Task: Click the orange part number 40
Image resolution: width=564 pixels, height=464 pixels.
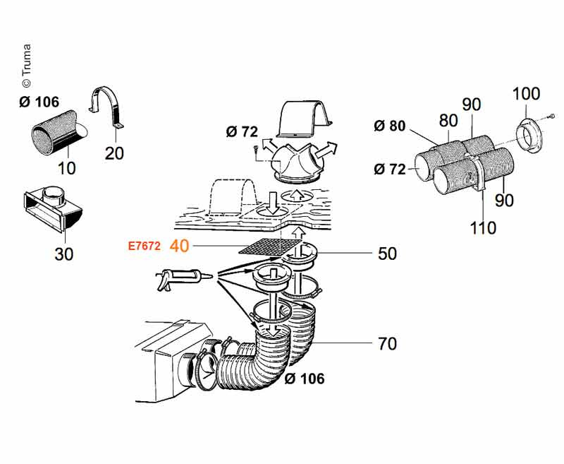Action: click(x=179, y=246)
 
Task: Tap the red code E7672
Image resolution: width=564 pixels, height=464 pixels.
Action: click(x=145, y=246)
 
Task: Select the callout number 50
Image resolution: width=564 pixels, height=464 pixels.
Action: click(x=387, y=254)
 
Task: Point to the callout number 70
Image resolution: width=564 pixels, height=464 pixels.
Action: click(x=387, y=344)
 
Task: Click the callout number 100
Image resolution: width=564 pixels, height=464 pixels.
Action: click(x=526, y=94)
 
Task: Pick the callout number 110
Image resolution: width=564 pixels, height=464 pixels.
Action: click(x=483, y=227)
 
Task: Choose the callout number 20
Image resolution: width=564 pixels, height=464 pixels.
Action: click(x=114, y=153)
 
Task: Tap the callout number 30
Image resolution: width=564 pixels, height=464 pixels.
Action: click(x=64, y=254)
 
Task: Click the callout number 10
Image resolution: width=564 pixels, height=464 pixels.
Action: click(x=66, y=168)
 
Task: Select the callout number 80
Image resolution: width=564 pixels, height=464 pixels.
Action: click(x=448, y=121)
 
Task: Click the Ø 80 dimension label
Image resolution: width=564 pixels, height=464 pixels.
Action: click(x=390, y=126)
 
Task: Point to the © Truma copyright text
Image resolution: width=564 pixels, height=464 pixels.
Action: click(x=26, y=66)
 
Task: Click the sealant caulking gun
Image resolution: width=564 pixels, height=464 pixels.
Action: click(x=183, y=278)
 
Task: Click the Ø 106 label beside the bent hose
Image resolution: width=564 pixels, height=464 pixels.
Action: click(x=305, y=379)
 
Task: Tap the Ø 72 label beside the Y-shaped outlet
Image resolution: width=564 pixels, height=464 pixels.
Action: click(x=242, y=132)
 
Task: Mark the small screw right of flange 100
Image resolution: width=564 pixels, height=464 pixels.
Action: click(x=552, y=116)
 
